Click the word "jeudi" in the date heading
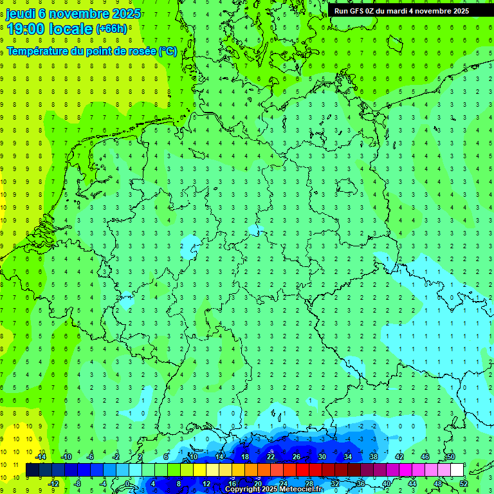(21, 14)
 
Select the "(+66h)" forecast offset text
(111, 29)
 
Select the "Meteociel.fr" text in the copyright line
(297, 489)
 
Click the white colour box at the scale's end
(457, 470)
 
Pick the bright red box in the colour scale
(302, 470)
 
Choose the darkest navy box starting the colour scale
(32, 470)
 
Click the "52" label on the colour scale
(463, 483)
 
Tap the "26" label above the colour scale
(297, 457)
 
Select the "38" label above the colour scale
(374, 457)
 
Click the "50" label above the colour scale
(451, 457)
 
